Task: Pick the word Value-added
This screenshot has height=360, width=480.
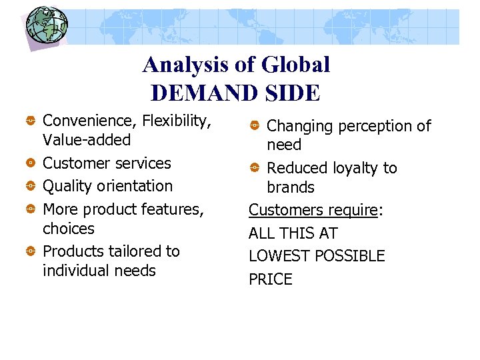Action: point(87,140)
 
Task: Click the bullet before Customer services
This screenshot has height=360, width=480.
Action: point(31,163)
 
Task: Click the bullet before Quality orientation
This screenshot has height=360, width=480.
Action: point(31,186)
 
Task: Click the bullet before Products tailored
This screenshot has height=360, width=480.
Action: point(31,251)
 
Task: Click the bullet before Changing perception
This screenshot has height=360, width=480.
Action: point(255,125)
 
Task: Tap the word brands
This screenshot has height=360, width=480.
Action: point(290,187)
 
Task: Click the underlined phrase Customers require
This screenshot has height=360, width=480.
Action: point(313,211)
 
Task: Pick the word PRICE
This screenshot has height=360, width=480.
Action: point(270,279)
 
